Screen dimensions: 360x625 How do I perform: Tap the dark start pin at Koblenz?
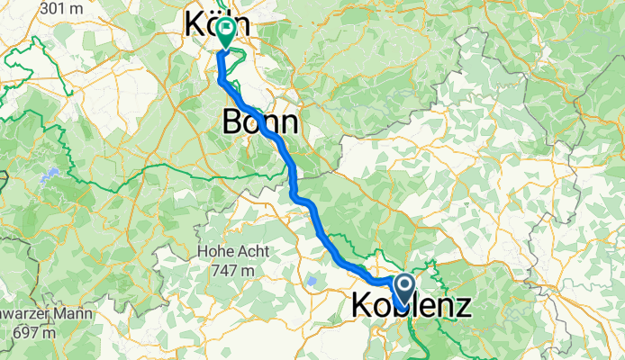point(404,289)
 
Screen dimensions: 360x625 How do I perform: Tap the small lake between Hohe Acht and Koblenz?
point(312,282)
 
